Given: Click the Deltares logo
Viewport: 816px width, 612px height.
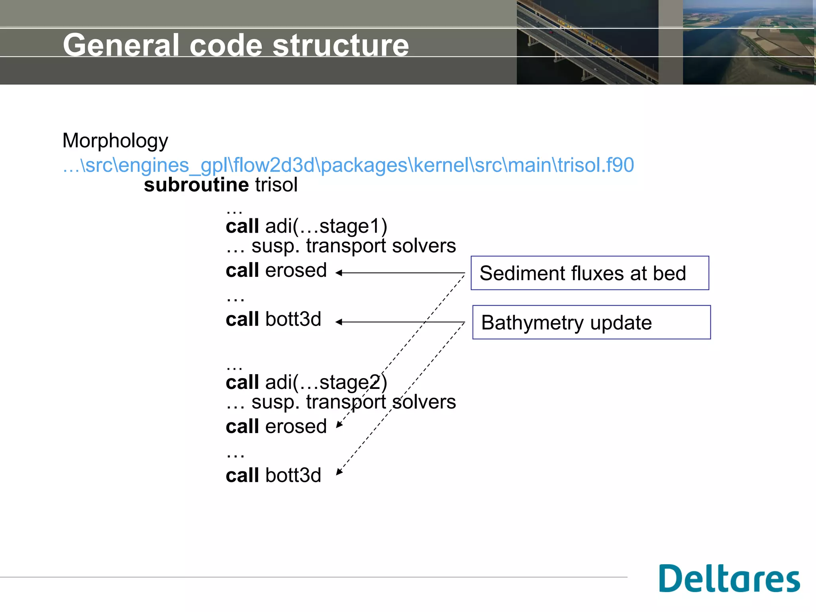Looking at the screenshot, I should (729, 579).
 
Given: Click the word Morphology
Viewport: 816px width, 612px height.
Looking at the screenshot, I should (115, 141).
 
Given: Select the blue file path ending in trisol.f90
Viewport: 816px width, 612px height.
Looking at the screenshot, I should (348, 165).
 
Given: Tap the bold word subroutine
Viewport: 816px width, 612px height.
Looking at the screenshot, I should (196, 185).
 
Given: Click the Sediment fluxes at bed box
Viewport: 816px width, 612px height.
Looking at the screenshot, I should (589, 273).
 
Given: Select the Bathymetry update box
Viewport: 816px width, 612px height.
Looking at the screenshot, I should (591, 322).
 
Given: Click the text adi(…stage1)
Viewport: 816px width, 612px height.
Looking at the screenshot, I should (326, 226).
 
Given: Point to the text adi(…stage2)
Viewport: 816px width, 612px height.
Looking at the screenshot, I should (326, 382).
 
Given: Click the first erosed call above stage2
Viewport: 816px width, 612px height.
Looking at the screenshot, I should (296, 271).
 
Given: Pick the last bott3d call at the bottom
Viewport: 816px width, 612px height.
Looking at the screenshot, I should (293, 476).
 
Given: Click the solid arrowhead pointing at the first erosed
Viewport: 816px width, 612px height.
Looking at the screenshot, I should (339, 273).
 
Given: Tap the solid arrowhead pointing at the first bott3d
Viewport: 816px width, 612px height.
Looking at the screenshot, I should (339, 322).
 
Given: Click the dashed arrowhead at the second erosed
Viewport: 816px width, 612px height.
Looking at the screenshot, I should (339, 425).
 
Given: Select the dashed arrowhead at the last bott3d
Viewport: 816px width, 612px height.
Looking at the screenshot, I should (339, 472).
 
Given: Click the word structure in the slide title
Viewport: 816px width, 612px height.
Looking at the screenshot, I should (341, 45).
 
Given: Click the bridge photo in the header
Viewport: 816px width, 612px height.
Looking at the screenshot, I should (587, 42).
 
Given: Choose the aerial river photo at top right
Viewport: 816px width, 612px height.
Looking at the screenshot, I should (748, 42).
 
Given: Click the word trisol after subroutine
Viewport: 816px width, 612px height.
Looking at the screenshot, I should (276, 185).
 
